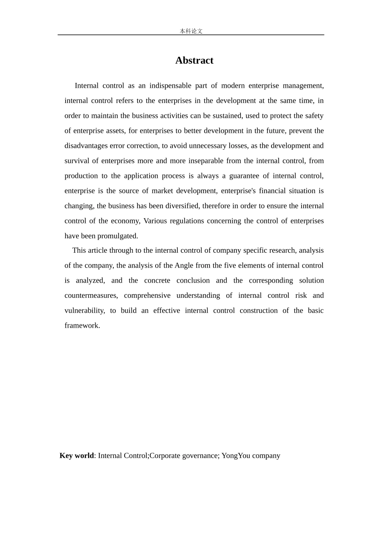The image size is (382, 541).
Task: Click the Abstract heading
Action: (194, 60)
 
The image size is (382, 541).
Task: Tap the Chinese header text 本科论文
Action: (191, 31)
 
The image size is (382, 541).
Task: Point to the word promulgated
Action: (117, 236)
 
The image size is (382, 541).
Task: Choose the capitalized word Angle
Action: (184, 266)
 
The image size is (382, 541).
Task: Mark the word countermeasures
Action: (91, 296)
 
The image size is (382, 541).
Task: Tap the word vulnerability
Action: (84, 311)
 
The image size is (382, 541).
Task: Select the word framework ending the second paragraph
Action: (82, 326)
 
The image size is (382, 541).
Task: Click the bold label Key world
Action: (76, 456)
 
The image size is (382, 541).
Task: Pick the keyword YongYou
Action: (236, 456)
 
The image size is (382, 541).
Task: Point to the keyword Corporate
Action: (165, 456)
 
